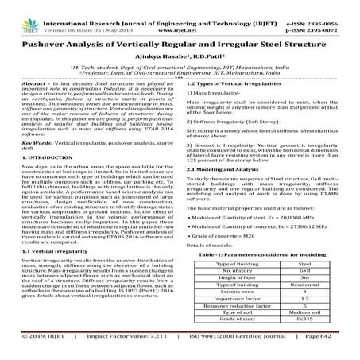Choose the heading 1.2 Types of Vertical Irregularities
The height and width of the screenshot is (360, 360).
point(235,83)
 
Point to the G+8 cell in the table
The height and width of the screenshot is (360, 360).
point(303,270)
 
